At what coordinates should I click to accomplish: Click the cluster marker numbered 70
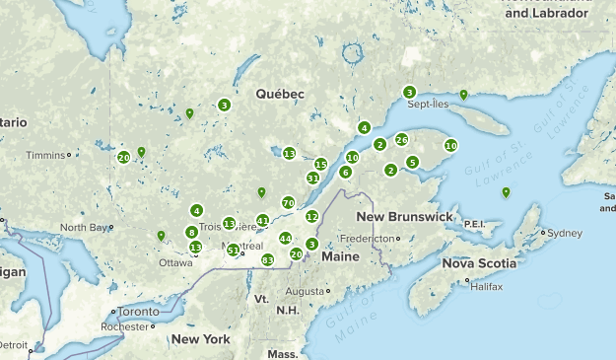click(288, 202)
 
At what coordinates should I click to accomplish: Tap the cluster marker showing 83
click(267, 259)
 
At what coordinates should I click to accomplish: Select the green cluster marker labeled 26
click(401, 140)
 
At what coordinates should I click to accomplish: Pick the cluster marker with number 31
click(312, 179)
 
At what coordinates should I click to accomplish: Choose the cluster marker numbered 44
click(285, 239)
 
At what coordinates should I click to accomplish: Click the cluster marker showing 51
click(234, 251)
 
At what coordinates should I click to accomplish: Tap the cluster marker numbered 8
click(191, 233)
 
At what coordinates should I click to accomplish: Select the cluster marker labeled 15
click(320, 164)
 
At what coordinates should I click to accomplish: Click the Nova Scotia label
click(478, 263)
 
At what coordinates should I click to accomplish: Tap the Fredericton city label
click(366, 239)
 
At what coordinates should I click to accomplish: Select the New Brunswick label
click(404, 216)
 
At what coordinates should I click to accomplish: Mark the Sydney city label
click(565, 234)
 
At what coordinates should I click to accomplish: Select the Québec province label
click(280, 94)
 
